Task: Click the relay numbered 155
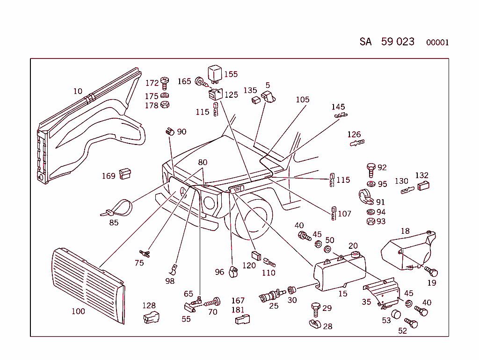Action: [215, 73]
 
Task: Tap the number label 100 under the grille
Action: [78, 311]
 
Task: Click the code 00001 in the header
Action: [437, 43]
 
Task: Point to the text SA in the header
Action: [365, 42]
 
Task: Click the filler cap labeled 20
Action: [353, 255]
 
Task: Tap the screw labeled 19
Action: [432, 271]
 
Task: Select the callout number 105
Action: [302, 100]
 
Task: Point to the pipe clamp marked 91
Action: [366, 196]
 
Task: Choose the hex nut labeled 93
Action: [370, 221]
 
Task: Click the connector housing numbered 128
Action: [151, 317]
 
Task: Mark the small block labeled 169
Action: [124, 174]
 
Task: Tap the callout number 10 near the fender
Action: [78, 91]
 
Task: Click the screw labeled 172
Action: [165, 83]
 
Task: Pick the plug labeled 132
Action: [423, 186]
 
